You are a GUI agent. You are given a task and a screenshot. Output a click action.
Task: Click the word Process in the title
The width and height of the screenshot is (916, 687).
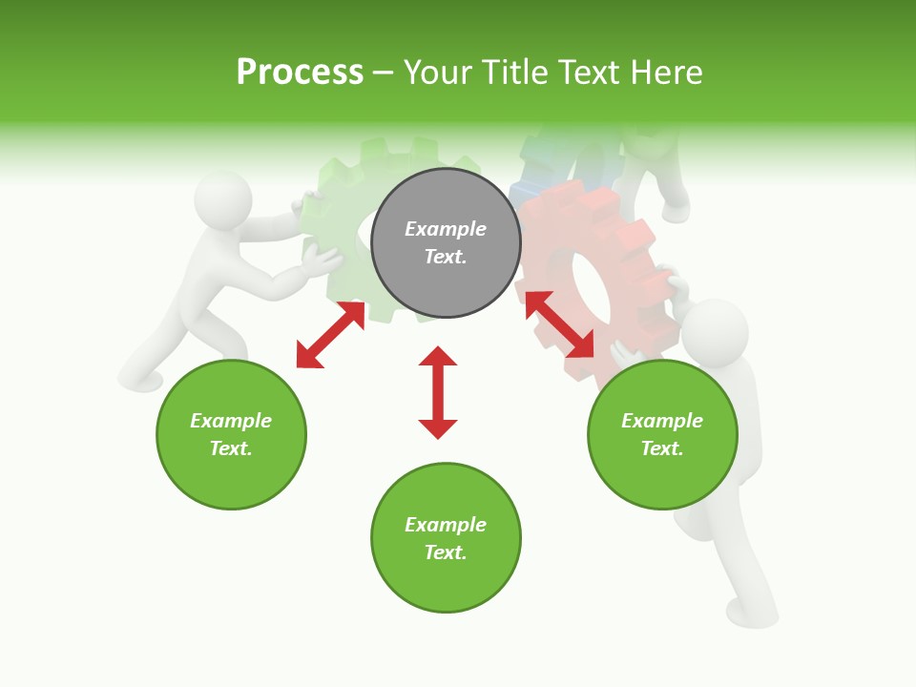click(x=300, y=73)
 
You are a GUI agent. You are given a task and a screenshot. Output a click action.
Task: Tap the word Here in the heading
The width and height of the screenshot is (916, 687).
click(x=666, y=73)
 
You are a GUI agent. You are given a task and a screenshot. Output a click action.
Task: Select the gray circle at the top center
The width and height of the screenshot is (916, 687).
click(x=446, y=242)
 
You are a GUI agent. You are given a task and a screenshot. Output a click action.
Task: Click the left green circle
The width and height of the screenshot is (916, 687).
click(x=231, y=434)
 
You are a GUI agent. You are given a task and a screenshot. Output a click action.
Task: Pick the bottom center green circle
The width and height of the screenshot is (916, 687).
click(x=446, y=538)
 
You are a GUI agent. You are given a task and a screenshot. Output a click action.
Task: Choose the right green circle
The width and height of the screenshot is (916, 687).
click(x=662, y=434)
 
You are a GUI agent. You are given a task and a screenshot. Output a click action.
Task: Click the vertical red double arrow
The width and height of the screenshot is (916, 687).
click(x=438, y=392)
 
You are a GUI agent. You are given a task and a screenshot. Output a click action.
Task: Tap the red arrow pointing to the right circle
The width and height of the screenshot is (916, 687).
click(x=559, y=324)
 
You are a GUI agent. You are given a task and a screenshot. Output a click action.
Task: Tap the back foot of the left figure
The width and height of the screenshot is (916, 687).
click(x=139, y=383)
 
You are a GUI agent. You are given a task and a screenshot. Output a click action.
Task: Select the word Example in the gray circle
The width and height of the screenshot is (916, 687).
click(x=446, y=229)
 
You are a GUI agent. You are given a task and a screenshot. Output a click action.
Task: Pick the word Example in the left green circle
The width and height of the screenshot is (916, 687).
click(x=231, y=421)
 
